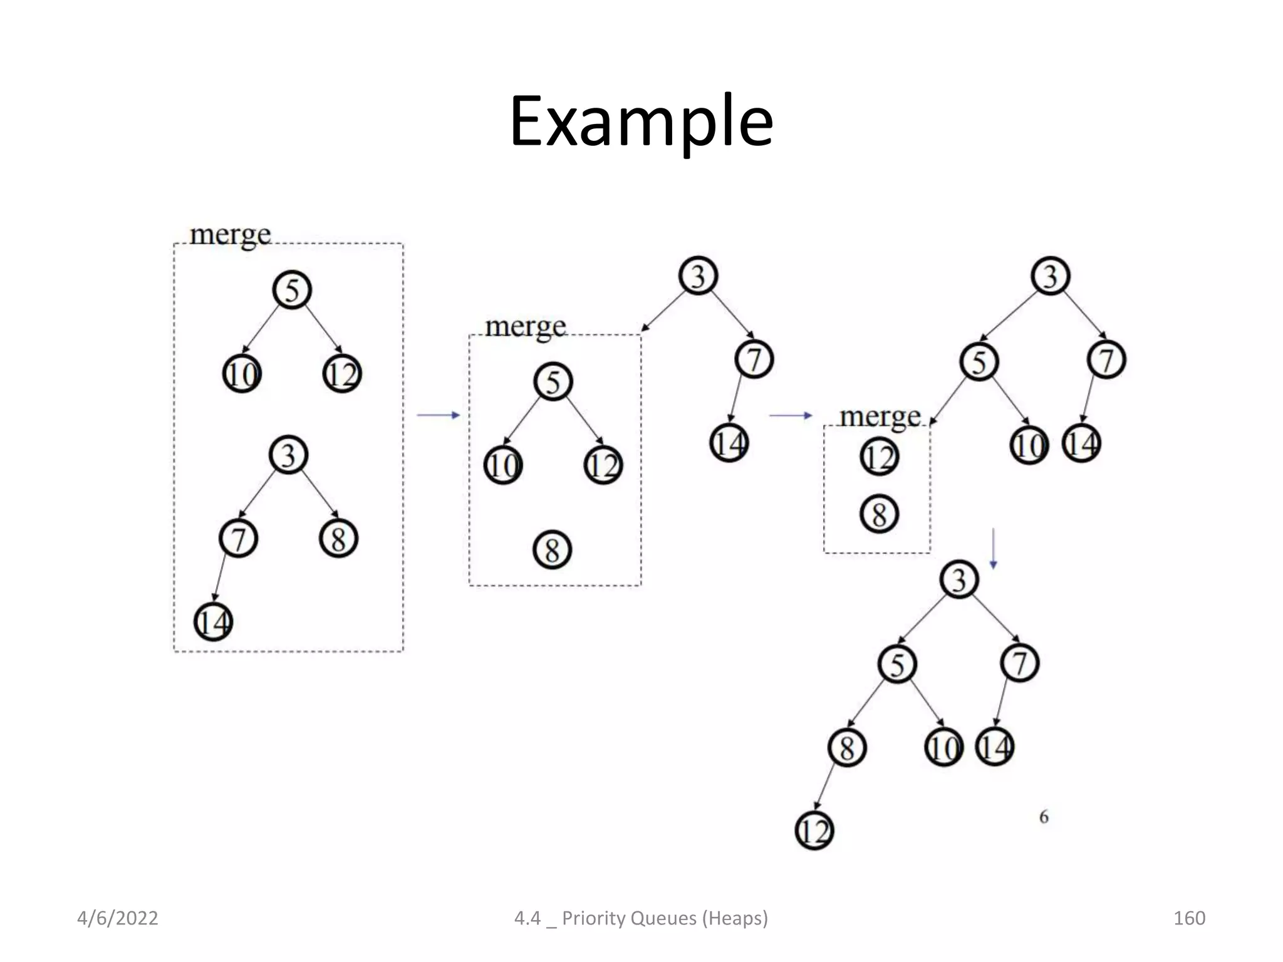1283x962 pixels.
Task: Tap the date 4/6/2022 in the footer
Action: [117, 918]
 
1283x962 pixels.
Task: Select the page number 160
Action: [1189, 918]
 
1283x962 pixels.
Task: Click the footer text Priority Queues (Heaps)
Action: [664, 918]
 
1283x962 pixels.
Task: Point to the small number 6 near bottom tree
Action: [1044, 817]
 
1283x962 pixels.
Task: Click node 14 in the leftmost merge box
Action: [214, 622]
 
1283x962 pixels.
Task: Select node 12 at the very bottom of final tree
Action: [814, 831]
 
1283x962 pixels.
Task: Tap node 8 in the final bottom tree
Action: [847, 748]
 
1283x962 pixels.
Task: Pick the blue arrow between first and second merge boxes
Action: [439, 415]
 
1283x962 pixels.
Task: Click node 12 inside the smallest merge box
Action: [880, 457]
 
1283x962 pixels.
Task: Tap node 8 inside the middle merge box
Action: [552, 550]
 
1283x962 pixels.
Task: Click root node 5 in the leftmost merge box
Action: [292, 290]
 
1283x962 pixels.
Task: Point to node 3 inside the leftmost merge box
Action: [288, 455]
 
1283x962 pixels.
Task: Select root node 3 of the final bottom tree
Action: [959, 580]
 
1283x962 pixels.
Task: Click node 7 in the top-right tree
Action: [1107, 360]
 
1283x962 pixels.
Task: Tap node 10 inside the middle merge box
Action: [503, 465]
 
